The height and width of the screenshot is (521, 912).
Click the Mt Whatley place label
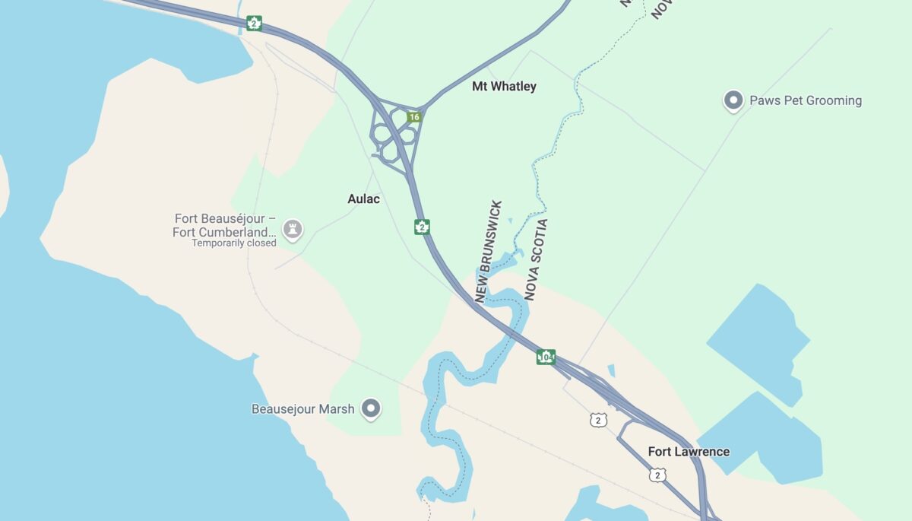[504, 87]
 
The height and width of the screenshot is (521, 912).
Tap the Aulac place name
[363, 199]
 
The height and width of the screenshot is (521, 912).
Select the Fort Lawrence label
[689, 452]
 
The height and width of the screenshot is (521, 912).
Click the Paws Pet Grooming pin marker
[733, 100]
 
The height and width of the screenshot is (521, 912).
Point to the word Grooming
[834, 100]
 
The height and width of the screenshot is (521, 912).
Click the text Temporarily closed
[234, 243]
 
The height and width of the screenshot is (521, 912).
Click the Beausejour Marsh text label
[303, 409]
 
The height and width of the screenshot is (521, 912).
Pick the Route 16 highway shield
[413, 117]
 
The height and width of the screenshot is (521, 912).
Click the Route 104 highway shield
[545, 356]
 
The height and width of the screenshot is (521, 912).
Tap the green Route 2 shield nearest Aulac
[422, 226]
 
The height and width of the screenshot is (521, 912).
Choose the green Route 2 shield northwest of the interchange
[254, 24]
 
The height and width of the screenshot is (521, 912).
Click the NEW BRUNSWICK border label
[488, 252]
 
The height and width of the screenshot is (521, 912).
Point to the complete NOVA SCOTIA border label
[535, 260]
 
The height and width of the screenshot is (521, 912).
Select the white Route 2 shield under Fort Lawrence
[658, 475]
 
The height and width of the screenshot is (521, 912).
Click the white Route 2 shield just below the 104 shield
[598, 420]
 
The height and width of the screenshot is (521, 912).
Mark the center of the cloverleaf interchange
[393, 135]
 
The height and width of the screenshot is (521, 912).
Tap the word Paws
[765, 100]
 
